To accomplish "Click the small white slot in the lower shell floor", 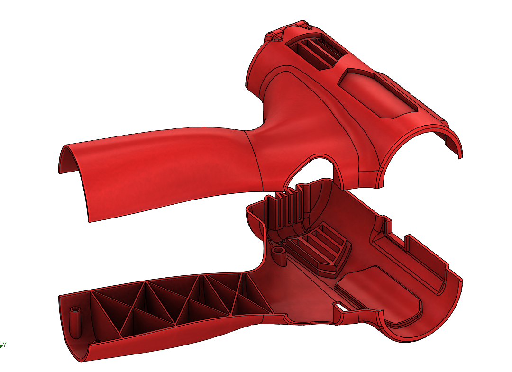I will point(340,307).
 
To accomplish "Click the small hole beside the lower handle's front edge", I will point(97,342).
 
